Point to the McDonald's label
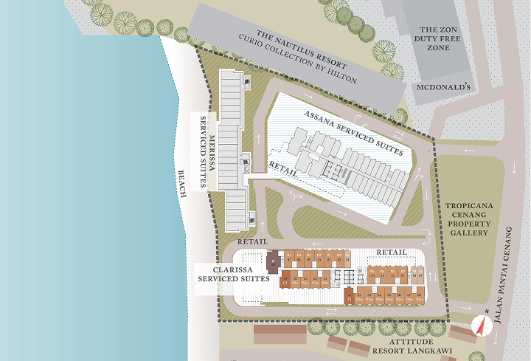442,87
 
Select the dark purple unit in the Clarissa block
272,260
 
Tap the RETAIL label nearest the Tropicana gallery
392,252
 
